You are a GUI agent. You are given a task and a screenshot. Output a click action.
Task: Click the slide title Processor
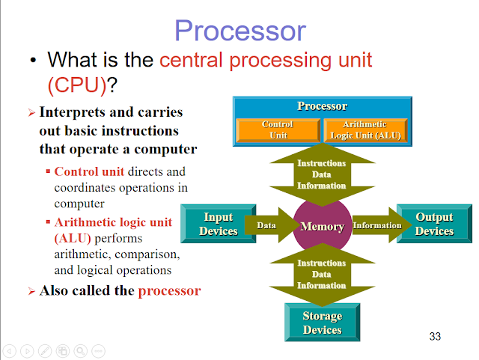coord(239,31)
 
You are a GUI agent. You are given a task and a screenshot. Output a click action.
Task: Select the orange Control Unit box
coord(277,130)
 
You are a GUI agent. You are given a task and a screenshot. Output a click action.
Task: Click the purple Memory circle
coord(322,226)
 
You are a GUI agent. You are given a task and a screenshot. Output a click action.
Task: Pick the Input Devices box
coord(219,224)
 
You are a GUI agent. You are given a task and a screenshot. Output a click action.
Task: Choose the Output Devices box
coord(434,224)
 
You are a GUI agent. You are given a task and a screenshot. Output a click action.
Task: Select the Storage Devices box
coord(322,323)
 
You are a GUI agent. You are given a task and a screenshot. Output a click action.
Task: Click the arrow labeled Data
coord(271,225)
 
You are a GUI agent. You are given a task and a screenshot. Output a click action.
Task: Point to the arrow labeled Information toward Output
coord(375,225)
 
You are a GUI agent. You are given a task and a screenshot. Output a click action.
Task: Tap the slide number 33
coord(435,336)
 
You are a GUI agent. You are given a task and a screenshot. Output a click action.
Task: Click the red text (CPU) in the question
coord(77,85)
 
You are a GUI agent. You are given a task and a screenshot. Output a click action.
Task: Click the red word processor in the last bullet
coord(169,290)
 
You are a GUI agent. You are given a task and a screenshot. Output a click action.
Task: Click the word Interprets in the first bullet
coord(72,112)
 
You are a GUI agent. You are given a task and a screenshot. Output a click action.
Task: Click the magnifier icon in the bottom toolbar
coord(79,350)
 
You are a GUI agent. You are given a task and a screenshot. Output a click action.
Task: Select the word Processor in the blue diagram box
coord(322,106)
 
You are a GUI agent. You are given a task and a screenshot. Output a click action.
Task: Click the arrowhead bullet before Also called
coord(31,291)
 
